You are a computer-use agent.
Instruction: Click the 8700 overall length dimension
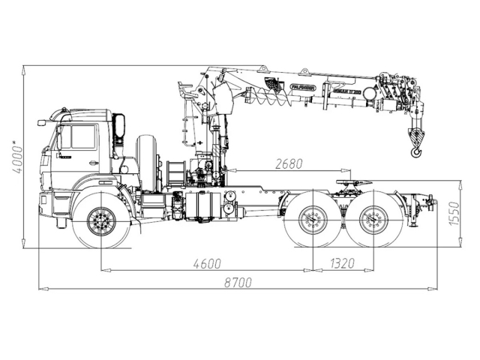[x=238, y=282]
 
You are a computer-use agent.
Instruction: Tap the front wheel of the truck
[x=100, y=220]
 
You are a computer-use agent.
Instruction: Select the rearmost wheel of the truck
[x=371, y=221]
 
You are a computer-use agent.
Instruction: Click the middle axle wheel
[x=313, y=221]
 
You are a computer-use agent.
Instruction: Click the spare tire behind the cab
[x=149, y=160]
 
